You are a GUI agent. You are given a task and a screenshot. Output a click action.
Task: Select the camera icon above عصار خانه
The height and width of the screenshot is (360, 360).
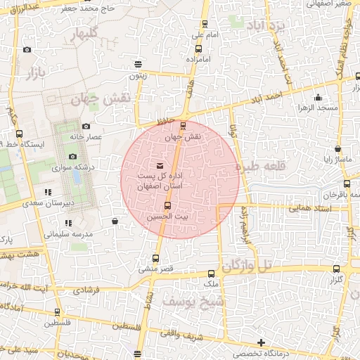(x=86, y=126)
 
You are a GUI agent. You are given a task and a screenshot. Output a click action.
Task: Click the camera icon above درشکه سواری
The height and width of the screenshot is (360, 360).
(x=72, y=157)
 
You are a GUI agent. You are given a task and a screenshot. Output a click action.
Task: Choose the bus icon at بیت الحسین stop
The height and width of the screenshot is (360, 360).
(x=167, y=206)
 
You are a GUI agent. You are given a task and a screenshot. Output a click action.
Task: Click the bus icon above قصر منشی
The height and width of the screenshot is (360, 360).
(x=156, y=257)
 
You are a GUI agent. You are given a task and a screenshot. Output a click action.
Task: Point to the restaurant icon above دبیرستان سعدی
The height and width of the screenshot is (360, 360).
(x=48, y=192)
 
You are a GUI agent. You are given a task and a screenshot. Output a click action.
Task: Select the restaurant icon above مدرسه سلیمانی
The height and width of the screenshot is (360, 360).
(x=68, y=223)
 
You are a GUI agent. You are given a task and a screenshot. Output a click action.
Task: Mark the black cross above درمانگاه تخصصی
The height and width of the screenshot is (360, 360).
(x=262, y=343)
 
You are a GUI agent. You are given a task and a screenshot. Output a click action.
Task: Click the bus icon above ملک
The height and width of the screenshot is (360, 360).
(x=211, y=273)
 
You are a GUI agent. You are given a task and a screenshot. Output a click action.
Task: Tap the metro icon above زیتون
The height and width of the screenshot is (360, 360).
(x=139, y=64)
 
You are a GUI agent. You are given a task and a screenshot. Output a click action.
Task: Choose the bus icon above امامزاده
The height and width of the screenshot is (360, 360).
(x=198, y=49)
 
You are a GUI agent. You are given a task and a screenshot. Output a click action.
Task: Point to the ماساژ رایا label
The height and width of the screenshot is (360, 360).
(x=337, y=158)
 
